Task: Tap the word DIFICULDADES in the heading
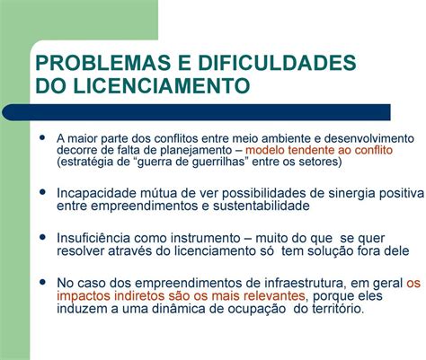tap(277, 63)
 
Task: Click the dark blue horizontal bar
tap(196, 112)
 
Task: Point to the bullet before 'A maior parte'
tap(42, 137)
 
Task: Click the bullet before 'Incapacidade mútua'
tap(42, 191)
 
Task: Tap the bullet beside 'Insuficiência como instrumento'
tap(42, 237)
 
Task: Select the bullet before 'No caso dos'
tap(42, 282)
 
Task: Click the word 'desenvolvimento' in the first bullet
tap(369, 138)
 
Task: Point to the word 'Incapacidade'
tap(96, 193)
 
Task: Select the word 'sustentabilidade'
tap(262, 206)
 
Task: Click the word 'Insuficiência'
tap(93, 238)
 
